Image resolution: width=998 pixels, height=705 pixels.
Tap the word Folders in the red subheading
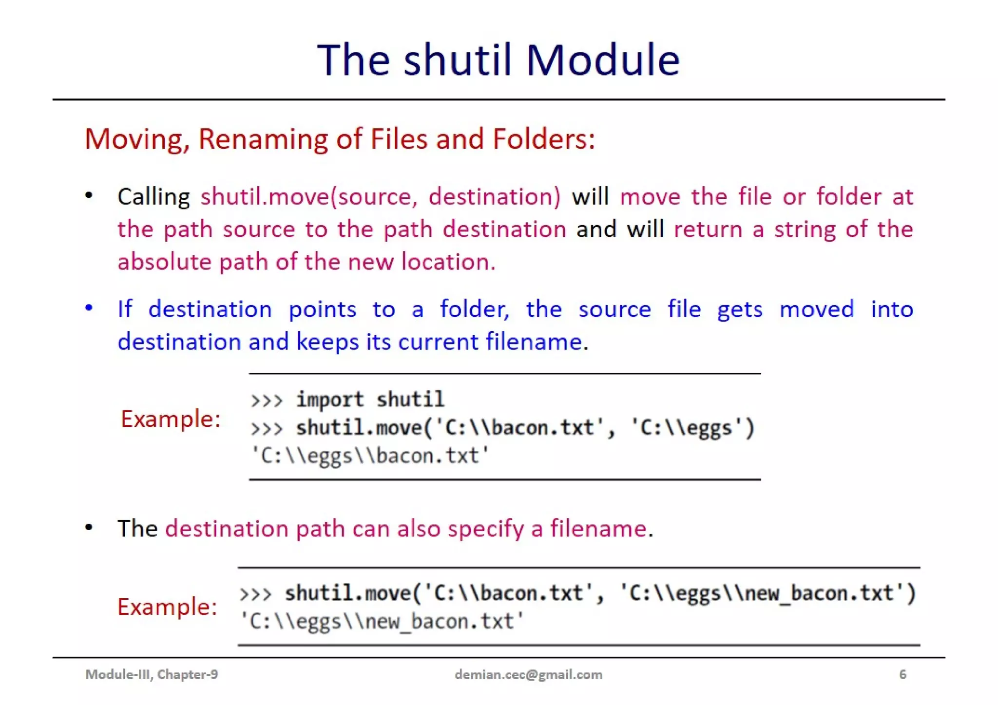coord(543,139)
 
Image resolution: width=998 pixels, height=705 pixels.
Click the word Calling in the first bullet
coord(154,197)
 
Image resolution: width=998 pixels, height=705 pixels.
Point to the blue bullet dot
coord(89,308)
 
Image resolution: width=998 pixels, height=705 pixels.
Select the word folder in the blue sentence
coord(474,309)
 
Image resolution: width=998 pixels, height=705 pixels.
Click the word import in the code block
coord(330,400)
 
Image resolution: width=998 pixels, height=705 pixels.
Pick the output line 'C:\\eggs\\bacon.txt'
coord(370,456)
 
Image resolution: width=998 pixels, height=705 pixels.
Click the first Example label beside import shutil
coord(171,419)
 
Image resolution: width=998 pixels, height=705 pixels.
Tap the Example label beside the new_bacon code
coord(167,607)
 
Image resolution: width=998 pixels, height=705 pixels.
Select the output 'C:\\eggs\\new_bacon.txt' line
coord(382,622)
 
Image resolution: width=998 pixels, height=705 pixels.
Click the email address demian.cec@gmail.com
coord(528,675)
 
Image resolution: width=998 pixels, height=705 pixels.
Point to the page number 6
coord(902,675)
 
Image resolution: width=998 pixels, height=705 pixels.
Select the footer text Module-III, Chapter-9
coord(152,675)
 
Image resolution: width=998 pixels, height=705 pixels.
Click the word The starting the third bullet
coord(137,529)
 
